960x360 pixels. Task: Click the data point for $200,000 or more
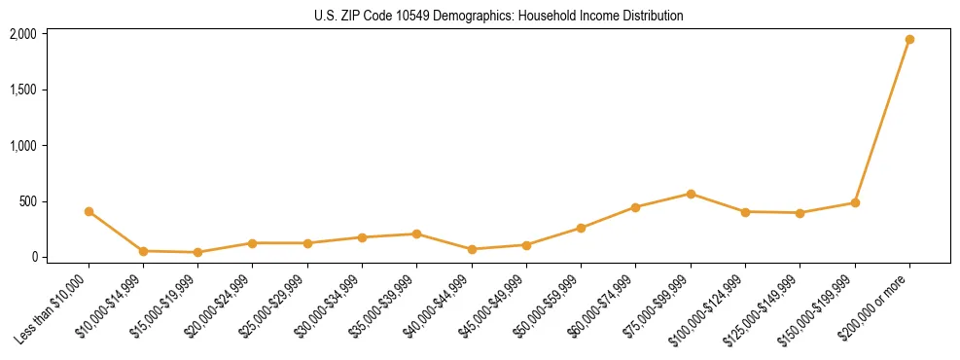coord(909,40)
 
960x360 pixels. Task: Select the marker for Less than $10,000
coord(89,211)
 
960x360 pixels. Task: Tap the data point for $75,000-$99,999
coord(691,194)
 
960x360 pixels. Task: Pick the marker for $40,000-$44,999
coord(472,249)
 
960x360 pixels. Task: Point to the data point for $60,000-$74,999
coord(635,207)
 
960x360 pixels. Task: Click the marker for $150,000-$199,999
coord(855,203)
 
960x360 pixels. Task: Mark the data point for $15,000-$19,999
coord(198,252)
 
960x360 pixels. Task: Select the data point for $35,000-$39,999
coord(416,234)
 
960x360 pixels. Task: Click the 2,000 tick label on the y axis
coord(23,34)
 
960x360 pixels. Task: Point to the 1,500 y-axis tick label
coord(23,90)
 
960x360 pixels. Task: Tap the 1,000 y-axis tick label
coord(23,146)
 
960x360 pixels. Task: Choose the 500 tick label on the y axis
coord(28,201)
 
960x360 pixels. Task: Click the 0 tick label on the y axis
coord(34,258)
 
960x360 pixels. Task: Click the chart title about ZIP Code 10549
coord(499,16)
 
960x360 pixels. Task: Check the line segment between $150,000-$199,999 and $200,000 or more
coord(882,122)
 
